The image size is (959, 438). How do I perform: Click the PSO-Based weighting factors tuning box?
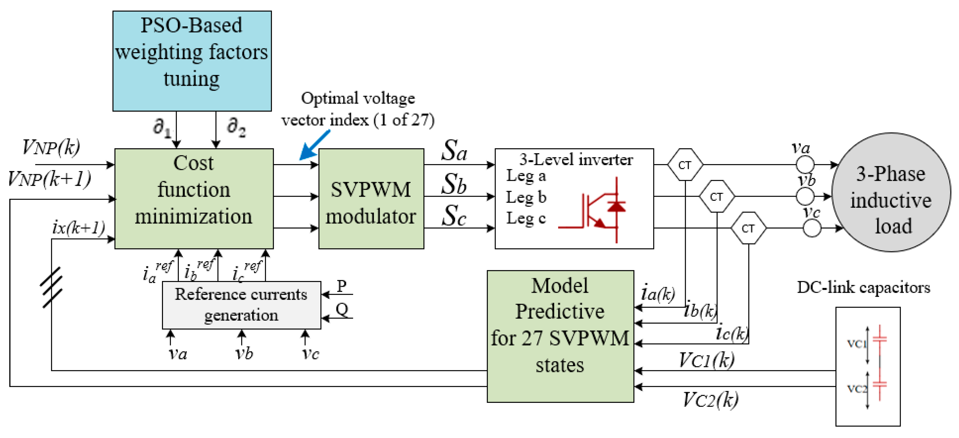tap(192, 61)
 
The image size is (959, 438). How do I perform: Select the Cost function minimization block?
tap(194, 198)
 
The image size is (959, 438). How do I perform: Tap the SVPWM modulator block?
tap(371, 198)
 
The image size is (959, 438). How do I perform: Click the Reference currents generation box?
tap(241, 305)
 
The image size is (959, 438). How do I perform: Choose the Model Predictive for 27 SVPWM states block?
tap(560, 336)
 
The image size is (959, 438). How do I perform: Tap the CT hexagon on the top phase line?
tap(685, 165)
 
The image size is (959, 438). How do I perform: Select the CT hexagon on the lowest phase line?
tap(748, 228)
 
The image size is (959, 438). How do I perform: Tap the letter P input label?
tap(341, 285)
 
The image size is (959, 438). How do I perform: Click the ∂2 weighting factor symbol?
tap(236, 127)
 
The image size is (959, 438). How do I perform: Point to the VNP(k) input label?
tap(51, 147)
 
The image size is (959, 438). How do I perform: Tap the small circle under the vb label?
tap(805, 196)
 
